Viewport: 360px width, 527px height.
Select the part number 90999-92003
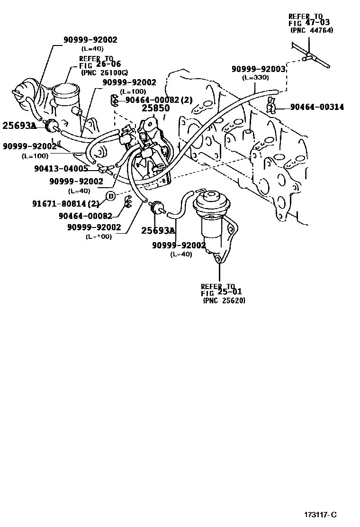(258, 69)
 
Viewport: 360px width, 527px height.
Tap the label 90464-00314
(317, 108)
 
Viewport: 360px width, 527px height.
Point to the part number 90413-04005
(61, 168)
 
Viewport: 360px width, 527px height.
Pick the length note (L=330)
(255, 77)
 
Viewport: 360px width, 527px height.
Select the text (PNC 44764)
(311, 30)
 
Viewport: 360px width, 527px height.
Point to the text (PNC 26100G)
(104, 73)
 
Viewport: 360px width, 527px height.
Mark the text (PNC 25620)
(224, 300)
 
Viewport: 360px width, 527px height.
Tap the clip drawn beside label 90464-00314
(271, 106)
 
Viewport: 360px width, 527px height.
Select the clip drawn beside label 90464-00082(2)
(115, 100)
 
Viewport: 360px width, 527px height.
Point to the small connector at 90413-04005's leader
(104, 167)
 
